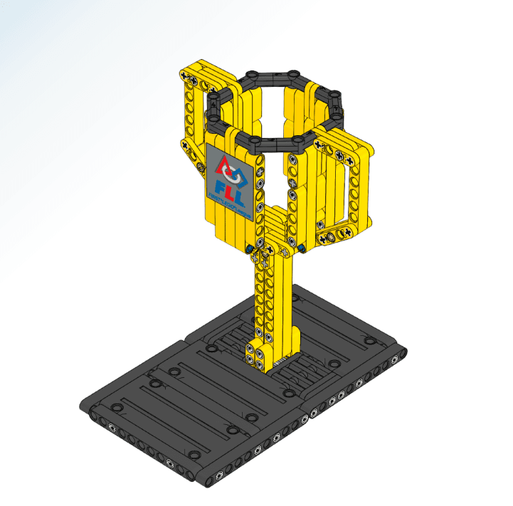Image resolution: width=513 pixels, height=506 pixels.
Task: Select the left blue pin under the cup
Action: (x=249, y=248)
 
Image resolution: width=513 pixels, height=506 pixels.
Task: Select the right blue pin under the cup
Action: (x=302, y=248)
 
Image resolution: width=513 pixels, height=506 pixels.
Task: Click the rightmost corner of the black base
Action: (x=404, y=349)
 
